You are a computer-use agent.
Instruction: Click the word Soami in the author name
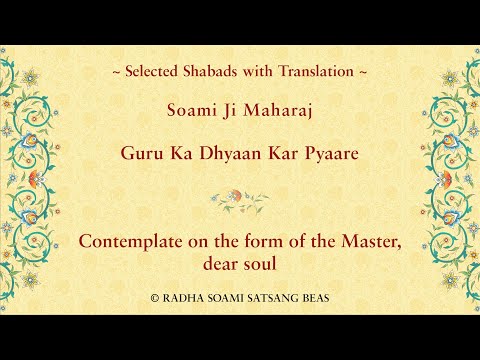click(190, 113)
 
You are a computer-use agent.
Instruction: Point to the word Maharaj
click(270, 113)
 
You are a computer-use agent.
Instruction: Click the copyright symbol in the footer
click(154, 298)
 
